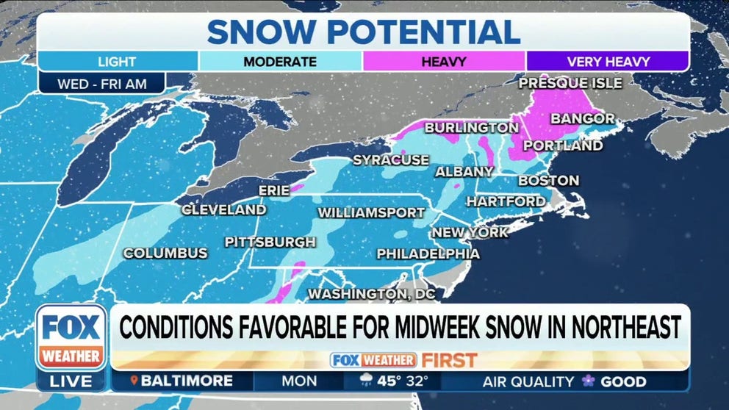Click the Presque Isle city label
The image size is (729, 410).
[570, 83]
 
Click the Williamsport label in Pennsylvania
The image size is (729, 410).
[371, 213]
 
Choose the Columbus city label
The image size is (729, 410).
[165, 253]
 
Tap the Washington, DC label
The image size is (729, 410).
[371, 294]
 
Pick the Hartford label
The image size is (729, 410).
[506, 201]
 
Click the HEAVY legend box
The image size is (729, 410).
[443, 62]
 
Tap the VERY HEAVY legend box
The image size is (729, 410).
[607, 62]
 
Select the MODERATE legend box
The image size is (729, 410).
[280, 62]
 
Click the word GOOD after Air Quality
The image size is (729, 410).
[623, 381]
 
